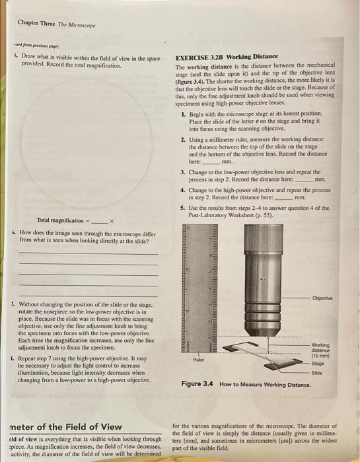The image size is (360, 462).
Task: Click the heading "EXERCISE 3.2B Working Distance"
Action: coord(227,57)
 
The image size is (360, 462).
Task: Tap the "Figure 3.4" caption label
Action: coord(198,384)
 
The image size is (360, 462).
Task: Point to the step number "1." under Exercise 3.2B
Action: coord(183,115)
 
